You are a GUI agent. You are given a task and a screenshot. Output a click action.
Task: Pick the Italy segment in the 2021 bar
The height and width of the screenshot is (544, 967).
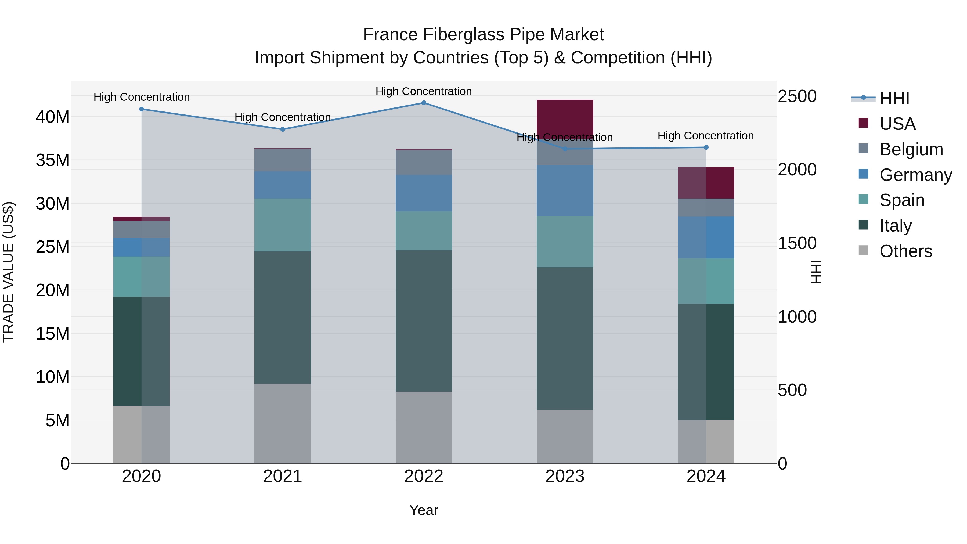283,317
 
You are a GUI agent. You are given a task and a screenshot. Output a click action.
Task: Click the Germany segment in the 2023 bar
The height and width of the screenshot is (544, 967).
565,190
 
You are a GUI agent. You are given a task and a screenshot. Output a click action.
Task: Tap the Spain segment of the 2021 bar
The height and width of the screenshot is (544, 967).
283,225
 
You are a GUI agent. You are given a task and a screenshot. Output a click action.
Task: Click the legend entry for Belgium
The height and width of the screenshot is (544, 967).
911,149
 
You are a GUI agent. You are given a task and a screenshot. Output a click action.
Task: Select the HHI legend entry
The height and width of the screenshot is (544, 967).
894,98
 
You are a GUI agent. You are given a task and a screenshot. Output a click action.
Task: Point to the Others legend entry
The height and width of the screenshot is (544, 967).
905,251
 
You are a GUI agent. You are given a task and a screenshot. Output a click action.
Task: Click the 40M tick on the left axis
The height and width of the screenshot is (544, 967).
53,117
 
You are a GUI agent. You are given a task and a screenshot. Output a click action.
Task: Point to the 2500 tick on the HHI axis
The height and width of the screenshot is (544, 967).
797,96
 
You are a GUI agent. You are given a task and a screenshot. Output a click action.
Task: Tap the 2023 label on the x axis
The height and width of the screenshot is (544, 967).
565,476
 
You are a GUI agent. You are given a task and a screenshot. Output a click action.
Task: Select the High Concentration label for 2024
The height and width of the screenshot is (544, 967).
705,136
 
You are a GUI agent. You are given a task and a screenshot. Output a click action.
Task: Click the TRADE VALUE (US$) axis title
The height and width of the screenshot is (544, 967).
8,272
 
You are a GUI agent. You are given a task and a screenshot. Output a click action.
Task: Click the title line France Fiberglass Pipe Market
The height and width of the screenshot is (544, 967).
483,35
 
